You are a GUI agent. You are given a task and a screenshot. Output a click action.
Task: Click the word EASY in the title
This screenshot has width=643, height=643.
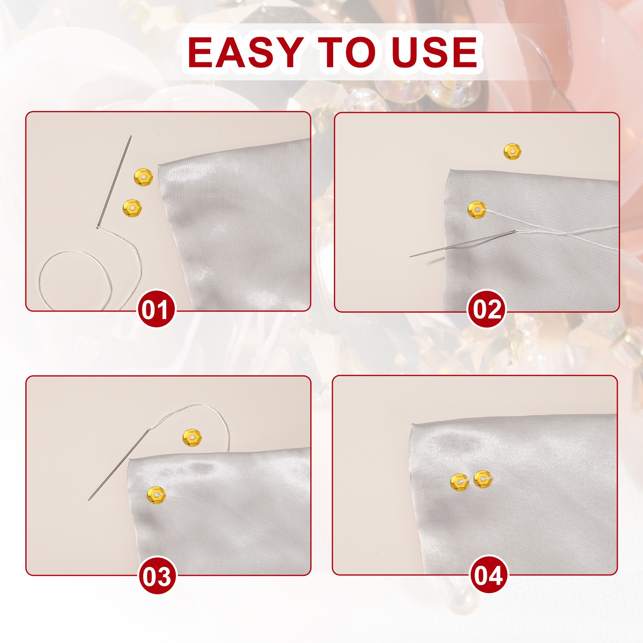click(x=245, y=52)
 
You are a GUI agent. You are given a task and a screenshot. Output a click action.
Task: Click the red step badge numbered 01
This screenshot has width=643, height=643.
click(x=157, y=309)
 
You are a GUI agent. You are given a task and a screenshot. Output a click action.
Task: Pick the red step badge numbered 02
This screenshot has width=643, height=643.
click(x=487, y=309)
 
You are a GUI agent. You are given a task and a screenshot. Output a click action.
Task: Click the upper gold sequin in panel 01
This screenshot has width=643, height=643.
click(x=143, y=177)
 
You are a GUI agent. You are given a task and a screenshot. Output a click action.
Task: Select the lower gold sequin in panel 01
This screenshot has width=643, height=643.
click(x=132, y=209)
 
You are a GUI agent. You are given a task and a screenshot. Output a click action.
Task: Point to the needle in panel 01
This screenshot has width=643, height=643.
click(x=114, y=182)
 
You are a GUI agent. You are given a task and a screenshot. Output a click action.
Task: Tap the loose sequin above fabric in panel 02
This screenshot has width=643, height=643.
click(x=512, y=152)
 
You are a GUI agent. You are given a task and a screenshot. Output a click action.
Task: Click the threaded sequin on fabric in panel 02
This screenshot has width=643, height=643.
click(x=477, y=210)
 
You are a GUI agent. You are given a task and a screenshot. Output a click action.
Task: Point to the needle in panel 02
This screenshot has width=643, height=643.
click(x=463, y=244)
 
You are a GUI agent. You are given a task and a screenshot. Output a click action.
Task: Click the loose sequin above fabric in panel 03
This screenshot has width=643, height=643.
click(x=192, y=438)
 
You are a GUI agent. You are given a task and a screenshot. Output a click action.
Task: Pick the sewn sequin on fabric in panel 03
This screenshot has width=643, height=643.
click(x=156, y=495)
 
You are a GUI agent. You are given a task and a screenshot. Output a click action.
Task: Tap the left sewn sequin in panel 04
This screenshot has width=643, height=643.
click(x=459, y=482)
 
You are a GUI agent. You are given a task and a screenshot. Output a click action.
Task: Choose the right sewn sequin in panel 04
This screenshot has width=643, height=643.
click(x=483, y=479)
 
